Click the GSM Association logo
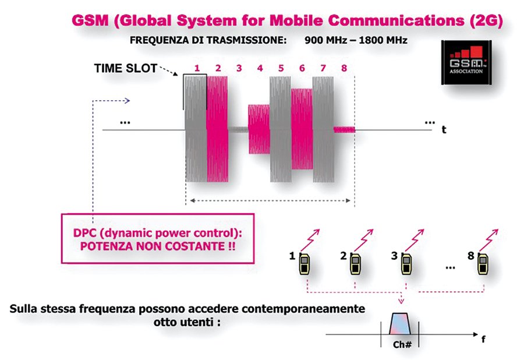click(466, 62)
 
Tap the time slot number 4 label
click(260, 68)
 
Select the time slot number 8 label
click(344, 68)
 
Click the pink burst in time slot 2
click(217, 129)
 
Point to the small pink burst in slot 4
click(259, 129)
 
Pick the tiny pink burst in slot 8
click(344, 129)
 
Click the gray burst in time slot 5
click(281, 129)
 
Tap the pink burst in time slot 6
click(302, 129)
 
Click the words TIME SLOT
click(126, 69)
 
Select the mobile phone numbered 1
click(304, 264)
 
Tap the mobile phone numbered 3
click(406, 264)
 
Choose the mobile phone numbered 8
click(482, 264)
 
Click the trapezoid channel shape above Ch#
click(399, 323)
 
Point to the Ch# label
click(402, 344)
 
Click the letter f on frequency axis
click(483, 339)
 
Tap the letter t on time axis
click(444, 130)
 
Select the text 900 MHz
click(326, 40)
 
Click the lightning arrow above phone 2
click(363, 240)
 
